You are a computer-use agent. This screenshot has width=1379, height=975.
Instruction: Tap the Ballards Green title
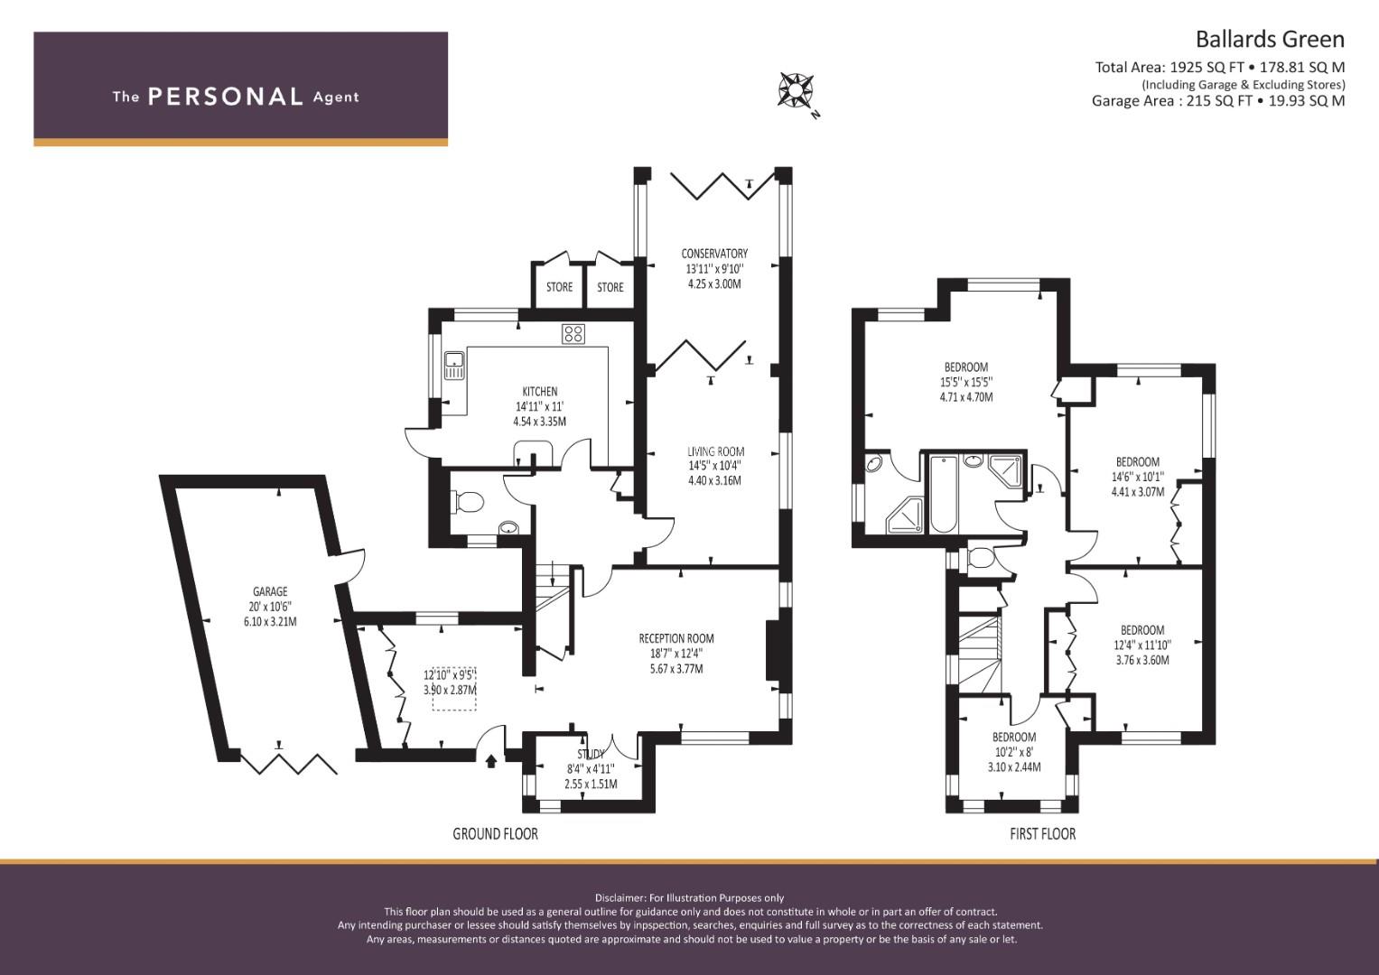tap(1269, 39)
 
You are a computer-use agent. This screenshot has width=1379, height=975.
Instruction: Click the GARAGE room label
tap(270, 592)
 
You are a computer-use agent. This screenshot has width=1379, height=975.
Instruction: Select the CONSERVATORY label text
tap(713, 254)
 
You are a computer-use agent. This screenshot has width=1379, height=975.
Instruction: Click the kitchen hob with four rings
tap(573, 335)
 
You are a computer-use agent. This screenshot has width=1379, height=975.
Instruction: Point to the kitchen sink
tap(453, 366)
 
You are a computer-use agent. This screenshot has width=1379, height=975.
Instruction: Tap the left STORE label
tap(559, 287)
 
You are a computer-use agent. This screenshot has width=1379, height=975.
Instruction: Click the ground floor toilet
tap(467, 501)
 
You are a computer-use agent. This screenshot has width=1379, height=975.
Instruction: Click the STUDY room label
tap(592, 754)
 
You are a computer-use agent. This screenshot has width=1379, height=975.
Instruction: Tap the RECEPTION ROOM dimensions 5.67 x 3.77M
tap(676, 669)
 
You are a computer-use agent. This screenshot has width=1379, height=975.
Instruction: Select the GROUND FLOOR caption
tap(495, 833)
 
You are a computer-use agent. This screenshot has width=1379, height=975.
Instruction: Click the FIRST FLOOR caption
tap(1042, 833)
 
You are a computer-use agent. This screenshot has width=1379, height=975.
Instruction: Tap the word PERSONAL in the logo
tap(225, 97)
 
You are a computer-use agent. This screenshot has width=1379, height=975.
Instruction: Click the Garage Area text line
tap(1217, 100)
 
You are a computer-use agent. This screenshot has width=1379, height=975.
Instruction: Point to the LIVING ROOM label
tap(715, 451)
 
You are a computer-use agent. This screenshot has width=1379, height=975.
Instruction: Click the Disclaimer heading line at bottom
tap(689, 897)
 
